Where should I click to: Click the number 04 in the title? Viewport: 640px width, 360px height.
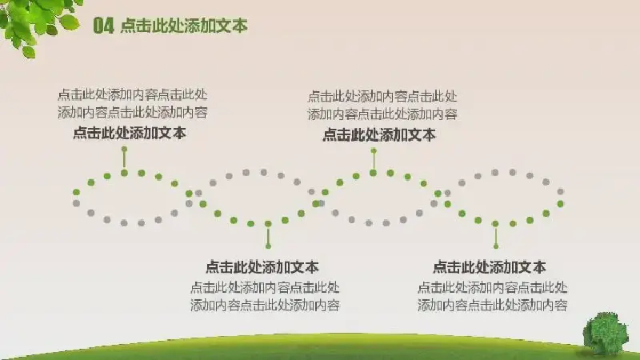coord(103,26)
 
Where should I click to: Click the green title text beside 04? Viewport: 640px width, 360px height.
coord(184,26)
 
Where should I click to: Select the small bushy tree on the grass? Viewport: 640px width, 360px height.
coord(606,333)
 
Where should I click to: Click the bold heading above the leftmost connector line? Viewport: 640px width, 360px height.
coord(130,133)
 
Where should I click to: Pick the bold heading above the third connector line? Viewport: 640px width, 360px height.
coord(379,134)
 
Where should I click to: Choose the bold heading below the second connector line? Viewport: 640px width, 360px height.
coord(262,267)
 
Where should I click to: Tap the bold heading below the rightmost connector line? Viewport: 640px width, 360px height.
coord(490,267)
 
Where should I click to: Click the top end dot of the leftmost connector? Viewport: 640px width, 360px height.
coord(125,150)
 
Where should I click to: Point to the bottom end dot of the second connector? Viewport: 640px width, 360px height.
coord(268,246)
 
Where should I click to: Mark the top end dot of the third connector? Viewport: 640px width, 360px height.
coord(374,151)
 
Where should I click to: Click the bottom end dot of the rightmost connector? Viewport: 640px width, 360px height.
coord(496,246)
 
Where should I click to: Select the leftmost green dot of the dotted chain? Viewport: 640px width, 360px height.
coord(76,192)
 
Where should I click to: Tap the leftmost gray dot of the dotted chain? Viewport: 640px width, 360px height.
coord(76,203)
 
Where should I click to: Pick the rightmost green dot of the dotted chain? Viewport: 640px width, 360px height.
coord(561,204)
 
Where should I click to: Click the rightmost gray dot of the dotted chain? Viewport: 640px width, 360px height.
coord(561,191)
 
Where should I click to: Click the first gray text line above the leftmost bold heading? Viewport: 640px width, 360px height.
coord(133,94)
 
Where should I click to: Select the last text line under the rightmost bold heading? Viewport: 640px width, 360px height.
coord(493,306)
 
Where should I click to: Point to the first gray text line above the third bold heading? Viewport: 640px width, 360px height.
coord(382,97)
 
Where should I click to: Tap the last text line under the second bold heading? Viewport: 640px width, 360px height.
coord(265,306)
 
